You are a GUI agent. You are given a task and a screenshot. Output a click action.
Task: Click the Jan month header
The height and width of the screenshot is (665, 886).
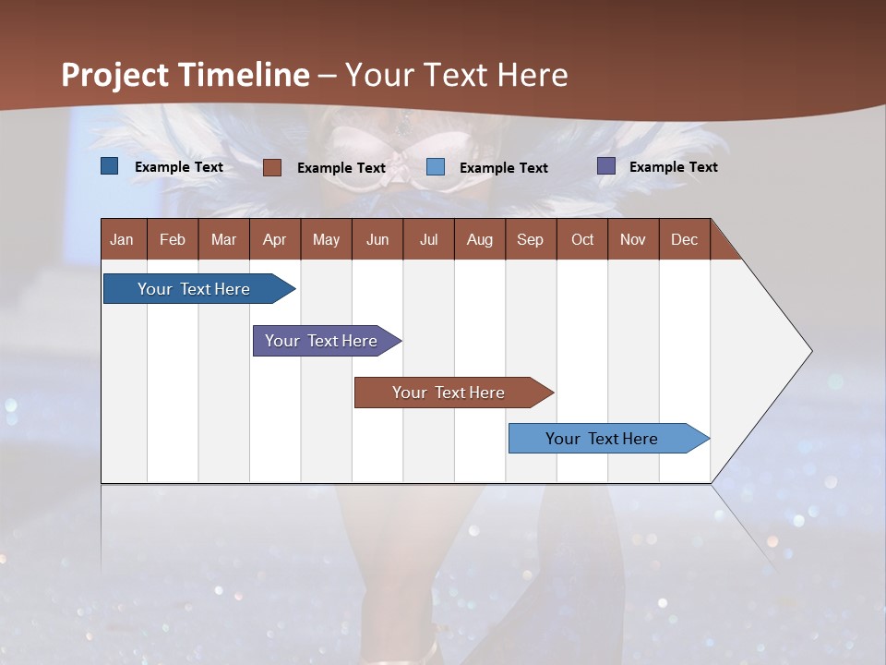click(x=122, y=239)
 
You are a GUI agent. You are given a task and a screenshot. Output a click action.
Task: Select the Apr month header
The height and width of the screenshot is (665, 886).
click(x=275, y=239)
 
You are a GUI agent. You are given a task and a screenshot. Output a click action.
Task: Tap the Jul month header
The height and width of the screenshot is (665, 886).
click(x=428, y=239)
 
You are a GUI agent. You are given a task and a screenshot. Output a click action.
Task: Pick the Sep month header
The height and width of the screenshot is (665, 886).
click(x=530, y=239)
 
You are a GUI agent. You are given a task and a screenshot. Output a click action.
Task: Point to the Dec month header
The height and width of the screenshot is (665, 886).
click(x=684, y=239)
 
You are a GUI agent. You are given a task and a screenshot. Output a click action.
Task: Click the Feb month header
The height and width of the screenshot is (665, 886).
click(x=173, y=239)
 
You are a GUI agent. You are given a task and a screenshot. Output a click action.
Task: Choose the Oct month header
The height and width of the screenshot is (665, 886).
click(x=582, y=239)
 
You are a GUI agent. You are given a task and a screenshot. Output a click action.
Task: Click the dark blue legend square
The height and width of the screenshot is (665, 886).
click(x=110, y=166)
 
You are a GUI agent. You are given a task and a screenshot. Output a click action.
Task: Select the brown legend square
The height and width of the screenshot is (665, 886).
click(x=272, y=167)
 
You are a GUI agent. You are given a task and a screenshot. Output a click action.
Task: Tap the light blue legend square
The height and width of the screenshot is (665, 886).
click(x=436, y=167)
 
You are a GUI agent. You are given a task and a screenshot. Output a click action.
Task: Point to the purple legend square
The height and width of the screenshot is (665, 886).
click(x=606, y=166)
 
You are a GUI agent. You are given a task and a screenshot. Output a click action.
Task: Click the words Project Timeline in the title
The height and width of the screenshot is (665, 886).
click(x=186, y=75)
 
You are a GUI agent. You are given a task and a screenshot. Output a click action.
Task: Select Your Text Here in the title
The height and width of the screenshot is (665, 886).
click(x=457, y=75)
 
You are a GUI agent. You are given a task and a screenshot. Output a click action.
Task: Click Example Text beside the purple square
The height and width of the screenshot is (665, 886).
click(x=673, y=167)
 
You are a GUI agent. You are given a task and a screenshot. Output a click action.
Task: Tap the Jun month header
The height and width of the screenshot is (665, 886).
click(x=377, y=239)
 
